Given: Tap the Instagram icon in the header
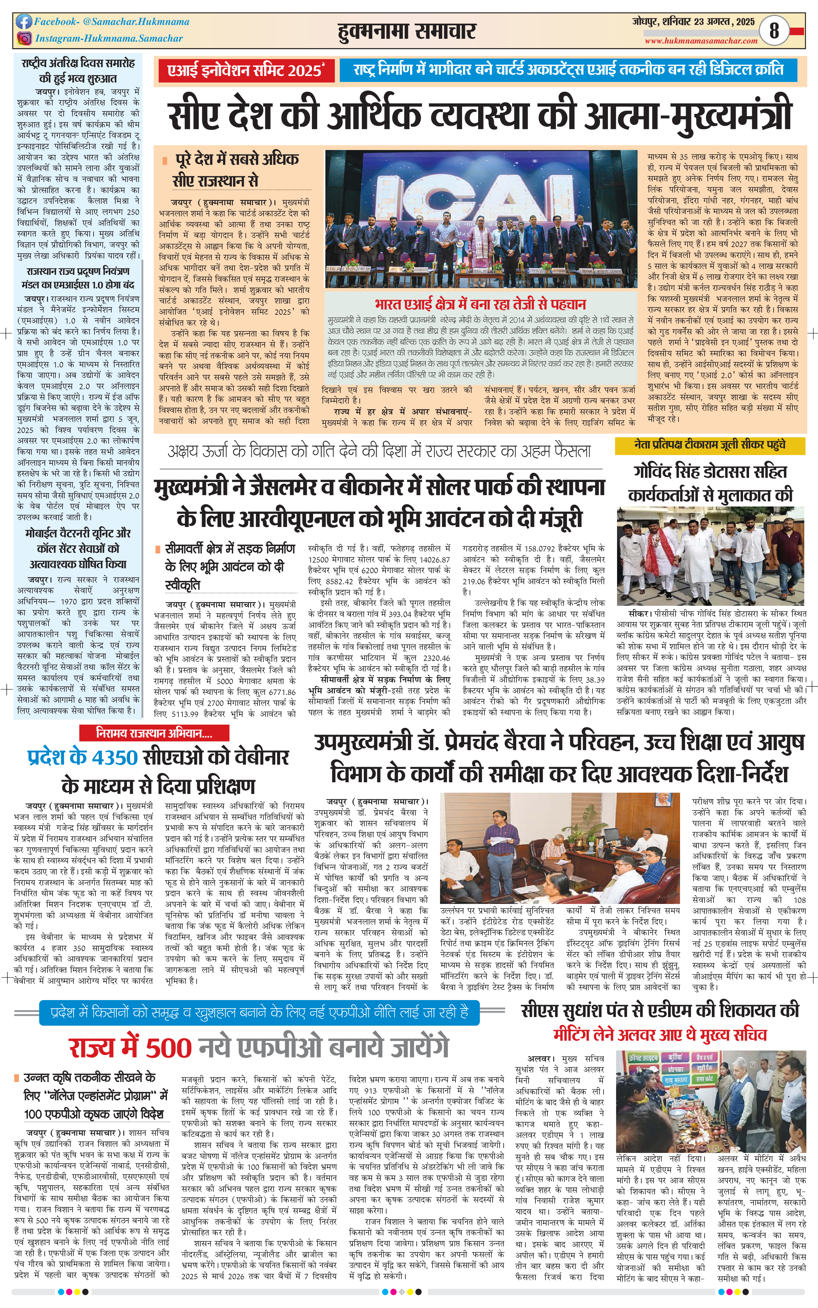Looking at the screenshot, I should click(24, 38).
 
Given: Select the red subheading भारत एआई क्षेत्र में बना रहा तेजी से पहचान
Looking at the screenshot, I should click(480, 304).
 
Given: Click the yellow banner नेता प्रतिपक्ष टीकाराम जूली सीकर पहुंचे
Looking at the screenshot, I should click(709, 445).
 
